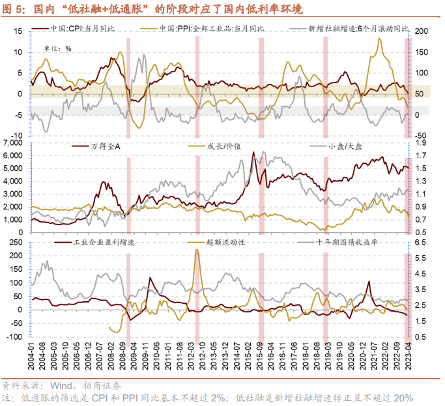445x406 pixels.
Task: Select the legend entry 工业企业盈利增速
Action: click(x=104, y=242)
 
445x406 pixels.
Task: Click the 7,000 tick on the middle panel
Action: click(x=14, y=142)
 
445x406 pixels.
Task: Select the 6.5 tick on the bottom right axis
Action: click(x=420, y=242)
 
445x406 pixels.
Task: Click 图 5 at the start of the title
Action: click(x=14, y=8)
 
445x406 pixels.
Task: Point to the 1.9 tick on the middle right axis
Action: click(x=420, y=142)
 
